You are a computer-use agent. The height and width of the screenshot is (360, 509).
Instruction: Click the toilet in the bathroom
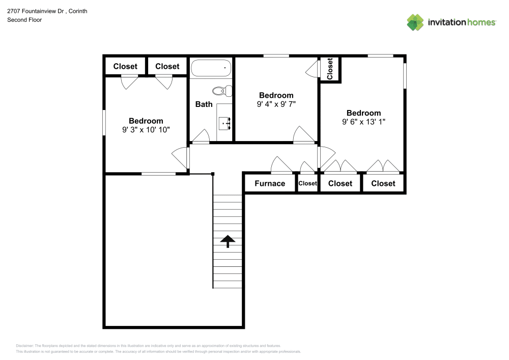[222, 92]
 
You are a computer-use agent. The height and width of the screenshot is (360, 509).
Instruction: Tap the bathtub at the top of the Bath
[211, 68]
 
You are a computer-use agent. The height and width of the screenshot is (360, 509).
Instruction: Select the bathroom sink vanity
[224, 123]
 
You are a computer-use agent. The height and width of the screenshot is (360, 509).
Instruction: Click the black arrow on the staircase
[227, 241]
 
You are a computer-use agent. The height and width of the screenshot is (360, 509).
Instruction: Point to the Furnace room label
[270, 183]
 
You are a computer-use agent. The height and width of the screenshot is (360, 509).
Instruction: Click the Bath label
[204, 104]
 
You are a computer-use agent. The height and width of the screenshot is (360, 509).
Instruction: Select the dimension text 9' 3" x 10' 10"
[146, 130]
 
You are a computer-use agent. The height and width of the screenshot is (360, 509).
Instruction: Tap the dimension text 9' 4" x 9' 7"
[276, 104]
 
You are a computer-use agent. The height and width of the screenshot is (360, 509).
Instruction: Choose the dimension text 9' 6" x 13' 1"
[363, 122]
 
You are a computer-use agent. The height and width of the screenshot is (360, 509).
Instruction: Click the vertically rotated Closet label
[330, 68]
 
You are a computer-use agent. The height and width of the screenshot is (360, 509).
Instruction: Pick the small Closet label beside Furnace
[307, 183]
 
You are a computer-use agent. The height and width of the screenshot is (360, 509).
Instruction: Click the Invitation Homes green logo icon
[415, 22]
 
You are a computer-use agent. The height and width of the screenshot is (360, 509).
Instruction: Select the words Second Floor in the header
[24, 20]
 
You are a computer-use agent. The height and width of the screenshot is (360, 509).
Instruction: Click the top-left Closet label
[125, 66]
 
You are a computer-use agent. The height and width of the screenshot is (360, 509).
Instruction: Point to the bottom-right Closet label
[383, 183]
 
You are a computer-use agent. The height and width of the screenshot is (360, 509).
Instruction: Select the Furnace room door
[280, 165]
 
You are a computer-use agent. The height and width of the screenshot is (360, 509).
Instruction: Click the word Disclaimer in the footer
[25, 345]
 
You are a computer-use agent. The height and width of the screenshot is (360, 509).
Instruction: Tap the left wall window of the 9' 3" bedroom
[104, 124]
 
